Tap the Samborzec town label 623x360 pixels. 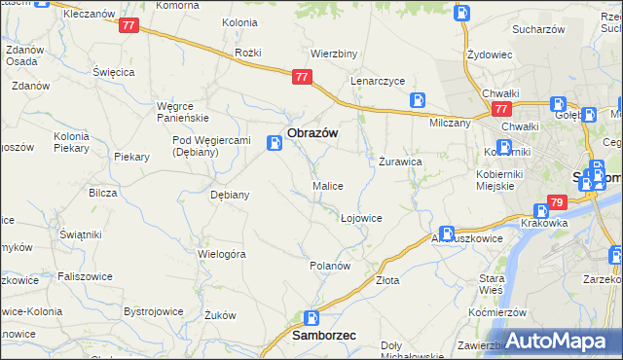[x=324, y=335]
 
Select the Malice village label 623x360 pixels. [x=327, y=185]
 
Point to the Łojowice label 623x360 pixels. [x=361, y=218]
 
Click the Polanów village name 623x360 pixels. [x=329, y=265]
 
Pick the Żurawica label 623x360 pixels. [x=399, y=162]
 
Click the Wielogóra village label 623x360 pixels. [x=221, y=253]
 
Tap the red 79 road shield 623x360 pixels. [x=557, y=202]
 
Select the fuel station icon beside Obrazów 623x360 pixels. [x=275, y=144]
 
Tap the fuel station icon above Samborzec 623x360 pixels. [x=311, y=317]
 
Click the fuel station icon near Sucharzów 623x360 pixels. [x=462, y=14]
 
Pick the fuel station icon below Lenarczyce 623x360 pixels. [x=418, y=99]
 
